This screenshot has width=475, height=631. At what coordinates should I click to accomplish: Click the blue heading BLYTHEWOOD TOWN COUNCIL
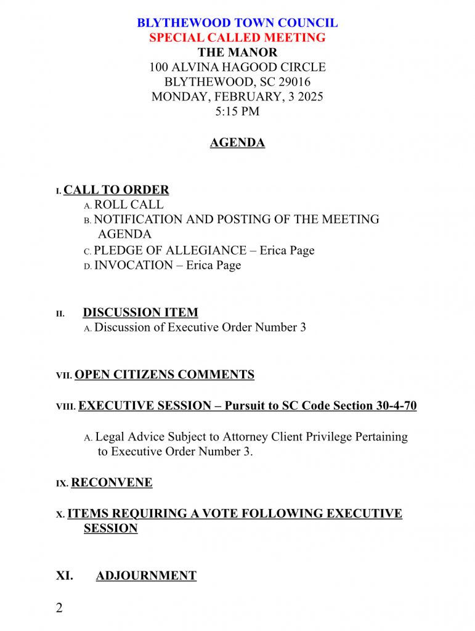coord(237,23)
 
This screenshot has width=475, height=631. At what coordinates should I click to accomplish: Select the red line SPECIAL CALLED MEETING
coord(237,38)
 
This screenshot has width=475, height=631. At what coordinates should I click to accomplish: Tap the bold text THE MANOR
coord(237,52)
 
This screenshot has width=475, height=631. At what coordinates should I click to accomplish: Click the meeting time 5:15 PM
coord(237,112)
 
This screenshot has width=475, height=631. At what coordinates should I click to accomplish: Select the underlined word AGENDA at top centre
coord(237,143)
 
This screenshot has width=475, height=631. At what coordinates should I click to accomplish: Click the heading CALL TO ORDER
coord(116,190)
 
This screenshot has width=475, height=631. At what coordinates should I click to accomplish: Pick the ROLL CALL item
coord(129,205)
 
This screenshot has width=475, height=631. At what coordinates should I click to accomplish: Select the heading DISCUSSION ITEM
coord(140,312)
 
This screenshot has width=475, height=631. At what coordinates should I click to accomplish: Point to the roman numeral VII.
coord(64,375)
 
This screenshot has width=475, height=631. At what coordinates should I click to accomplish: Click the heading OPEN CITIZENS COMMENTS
coord(164,375)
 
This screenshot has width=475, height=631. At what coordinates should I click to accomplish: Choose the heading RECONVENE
coord(112,482)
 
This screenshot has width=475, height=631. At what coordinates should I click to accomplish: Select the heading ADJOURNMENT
coord(146,576)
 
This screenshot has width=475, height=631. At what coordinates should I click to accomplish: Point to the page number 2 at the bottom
coord(59,608)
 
